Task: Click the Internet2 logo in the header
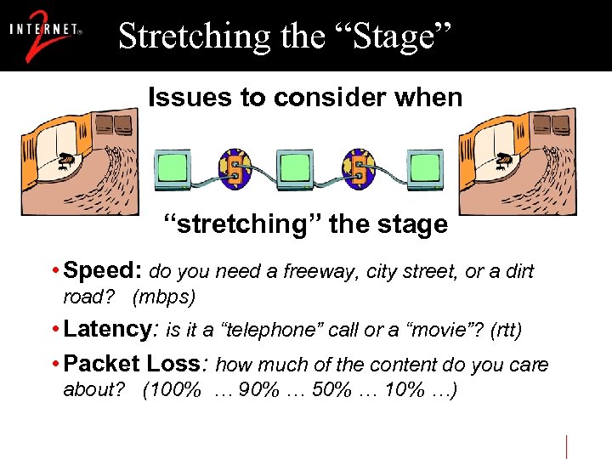[x=46, y=36]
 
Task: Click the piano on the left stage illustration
[x=67, y=159]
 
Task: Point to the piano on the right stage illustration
[x=507, y=159]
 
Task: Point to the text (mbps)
[x=163, y=297]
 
